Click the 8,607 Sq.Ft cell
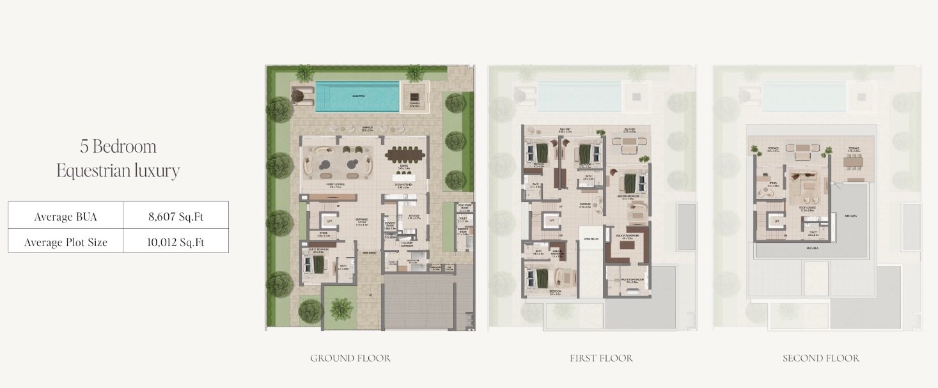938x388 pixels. coord(175,217)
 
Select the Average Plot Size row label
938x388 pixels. coord(65,242)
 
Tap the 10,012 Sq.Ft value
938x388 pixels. coord(175,242)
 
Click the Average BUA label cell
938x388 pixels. coord(65,217)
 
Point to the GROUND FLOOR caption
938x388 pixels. coord(350,358)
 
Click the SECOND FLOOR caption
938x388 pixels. coord(821,358)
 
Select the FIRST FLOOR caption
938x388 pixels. coord(601,358)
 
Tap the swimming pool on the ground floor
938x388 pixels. coord(356,97)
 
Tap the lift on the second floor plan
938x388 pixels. coord(778,221)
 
